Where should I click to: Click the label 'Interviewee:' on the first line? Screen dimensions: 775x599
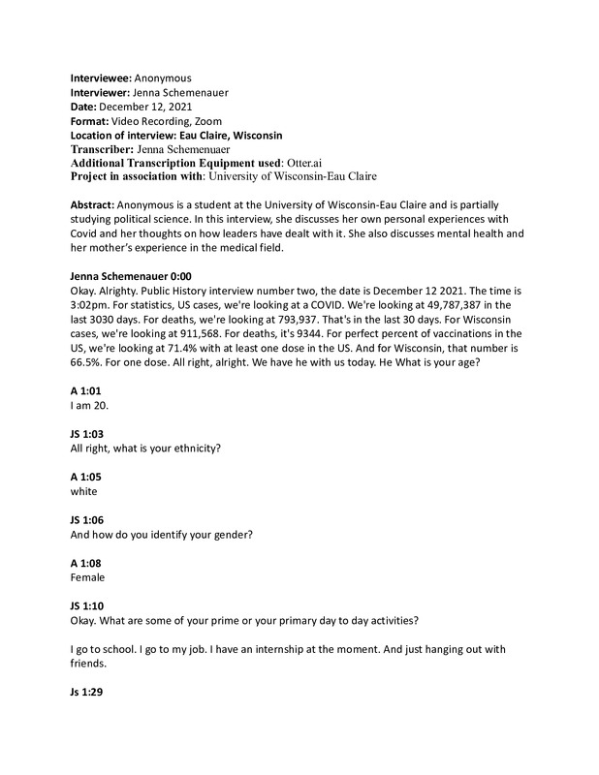point(101,77)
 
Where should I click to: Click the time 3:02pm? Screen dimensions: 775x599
point(92,305)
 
